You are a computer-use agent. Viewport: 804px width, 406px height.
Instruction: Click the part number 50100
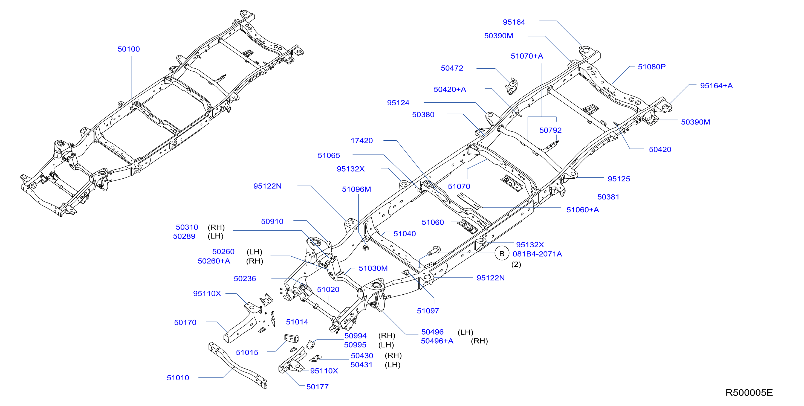click(129, 49)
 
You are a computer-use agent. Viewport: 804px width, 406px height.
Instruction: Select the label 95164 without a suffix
click(514, 22)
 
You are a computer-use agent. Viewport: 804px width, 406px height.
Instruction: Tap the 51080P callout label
click(652, 67)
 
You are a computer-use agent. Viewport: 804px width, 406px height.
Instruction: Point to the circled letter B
click(502, 254)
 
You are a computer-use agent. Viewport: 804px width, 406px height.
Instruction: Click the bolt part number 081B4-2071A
click(537, 254)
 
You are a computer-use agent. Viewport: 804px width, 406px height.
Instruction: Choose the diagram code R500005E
click(749, 393)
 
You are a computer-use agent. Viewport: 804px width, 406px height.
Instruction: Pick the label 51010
click(178, 378)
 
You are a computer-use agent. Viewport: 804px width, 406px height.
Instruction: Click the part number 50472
click(452, 68)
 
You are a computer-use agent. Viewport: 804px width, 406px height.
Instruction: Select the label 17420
click(362, 141)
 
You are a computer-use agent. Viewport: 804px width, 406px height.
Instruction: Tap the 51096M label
click(356, 189)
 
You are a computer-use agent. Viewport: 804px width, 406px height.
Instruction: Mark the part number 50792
click(551, 130)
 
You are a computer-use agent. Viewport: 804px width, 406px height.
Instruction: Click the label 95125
click(619, 179)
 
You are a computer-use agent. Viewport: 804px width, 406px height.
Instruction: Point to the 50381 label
click(608, 197)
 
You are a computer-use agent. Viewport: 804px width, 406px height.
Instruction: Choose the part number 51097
click(428, 311)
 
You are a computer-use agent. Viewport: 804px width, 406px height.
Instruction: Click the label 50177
click(317, 387)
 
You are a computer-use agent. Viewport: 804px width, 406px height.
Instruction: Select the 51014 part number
click(297, 322)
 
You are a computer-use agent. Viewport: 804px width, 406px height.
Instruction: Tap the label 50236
click(245, 279)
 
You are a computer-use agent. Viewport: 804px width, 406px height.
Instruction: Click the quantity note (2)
click(516, 265)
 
